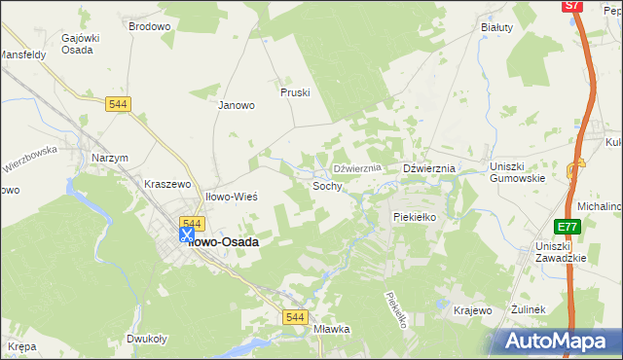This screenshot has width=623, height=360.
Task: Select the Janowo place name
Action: (236, 105)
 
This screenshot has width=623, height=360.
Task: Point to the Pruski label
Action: (294, 92)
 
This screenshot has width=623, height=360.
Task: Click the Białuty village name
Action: (496, 27)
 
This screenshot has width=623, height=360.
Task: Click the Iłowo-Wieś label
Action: (231, 197)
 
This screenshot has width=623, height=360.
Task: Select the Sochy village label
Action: (327, 185)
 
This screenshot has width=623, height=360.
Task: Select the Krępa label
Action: (21, 346)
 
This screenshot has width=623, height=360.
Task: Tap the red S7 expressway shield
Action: (572, 6)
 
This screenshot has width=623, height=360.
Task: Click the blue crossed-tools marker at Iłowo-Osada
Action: (186, 234)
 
